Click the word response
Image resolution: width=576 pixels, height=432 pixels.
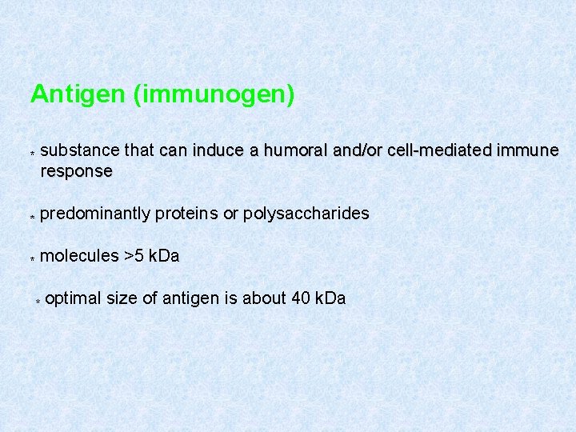tap(76, 170)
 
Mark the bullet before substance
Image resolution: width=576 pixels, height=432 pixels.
tap(32, 152)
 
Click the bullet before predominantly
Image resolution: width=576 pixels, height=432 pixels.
tap(32, 216)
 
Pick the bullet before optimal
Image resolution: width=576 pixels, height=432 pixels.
tap(38, 301)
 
